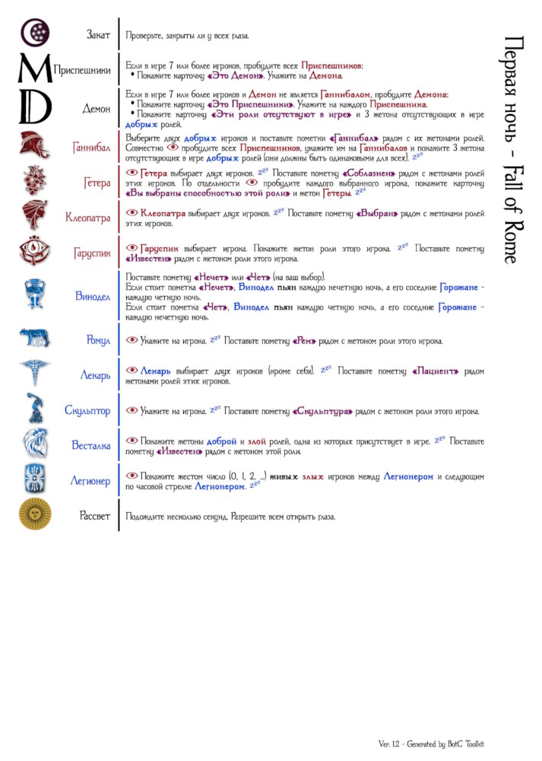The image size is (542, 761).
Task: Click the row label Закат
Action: pos(97,35)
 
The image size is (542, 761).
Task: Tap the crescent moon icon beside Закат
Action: pos(34,33)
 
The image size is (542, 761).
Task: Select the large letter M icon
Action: pos(33,70)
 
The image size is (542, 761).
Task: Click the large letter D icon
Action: pos(34,107)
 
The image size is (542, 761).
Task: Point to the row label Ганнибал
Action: pos(92,146)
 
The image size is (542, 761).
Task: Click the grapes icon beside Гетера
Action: pos(34,182)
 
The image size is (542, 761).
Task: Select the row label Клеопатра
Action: pos(88,218)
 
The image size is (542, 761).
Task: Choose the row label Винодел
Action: pos(93,295)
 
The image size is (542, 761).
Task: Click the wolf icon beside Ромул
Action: pos(34,339)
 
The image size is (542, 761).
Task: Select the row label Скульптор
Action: pos(87,411)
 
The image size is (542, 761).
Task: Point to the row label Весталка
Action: pos(91,446)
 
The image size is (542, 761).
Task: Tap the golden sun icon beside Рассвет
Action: pos(34,515)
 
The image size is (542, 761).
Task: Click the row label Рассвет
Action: pos(95,516)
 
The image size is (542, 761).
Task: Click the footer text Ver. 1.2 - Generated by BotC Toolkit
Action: pos(431,743)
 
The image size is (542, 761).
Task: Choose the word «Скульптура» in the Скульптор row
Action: pos(322,411)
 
